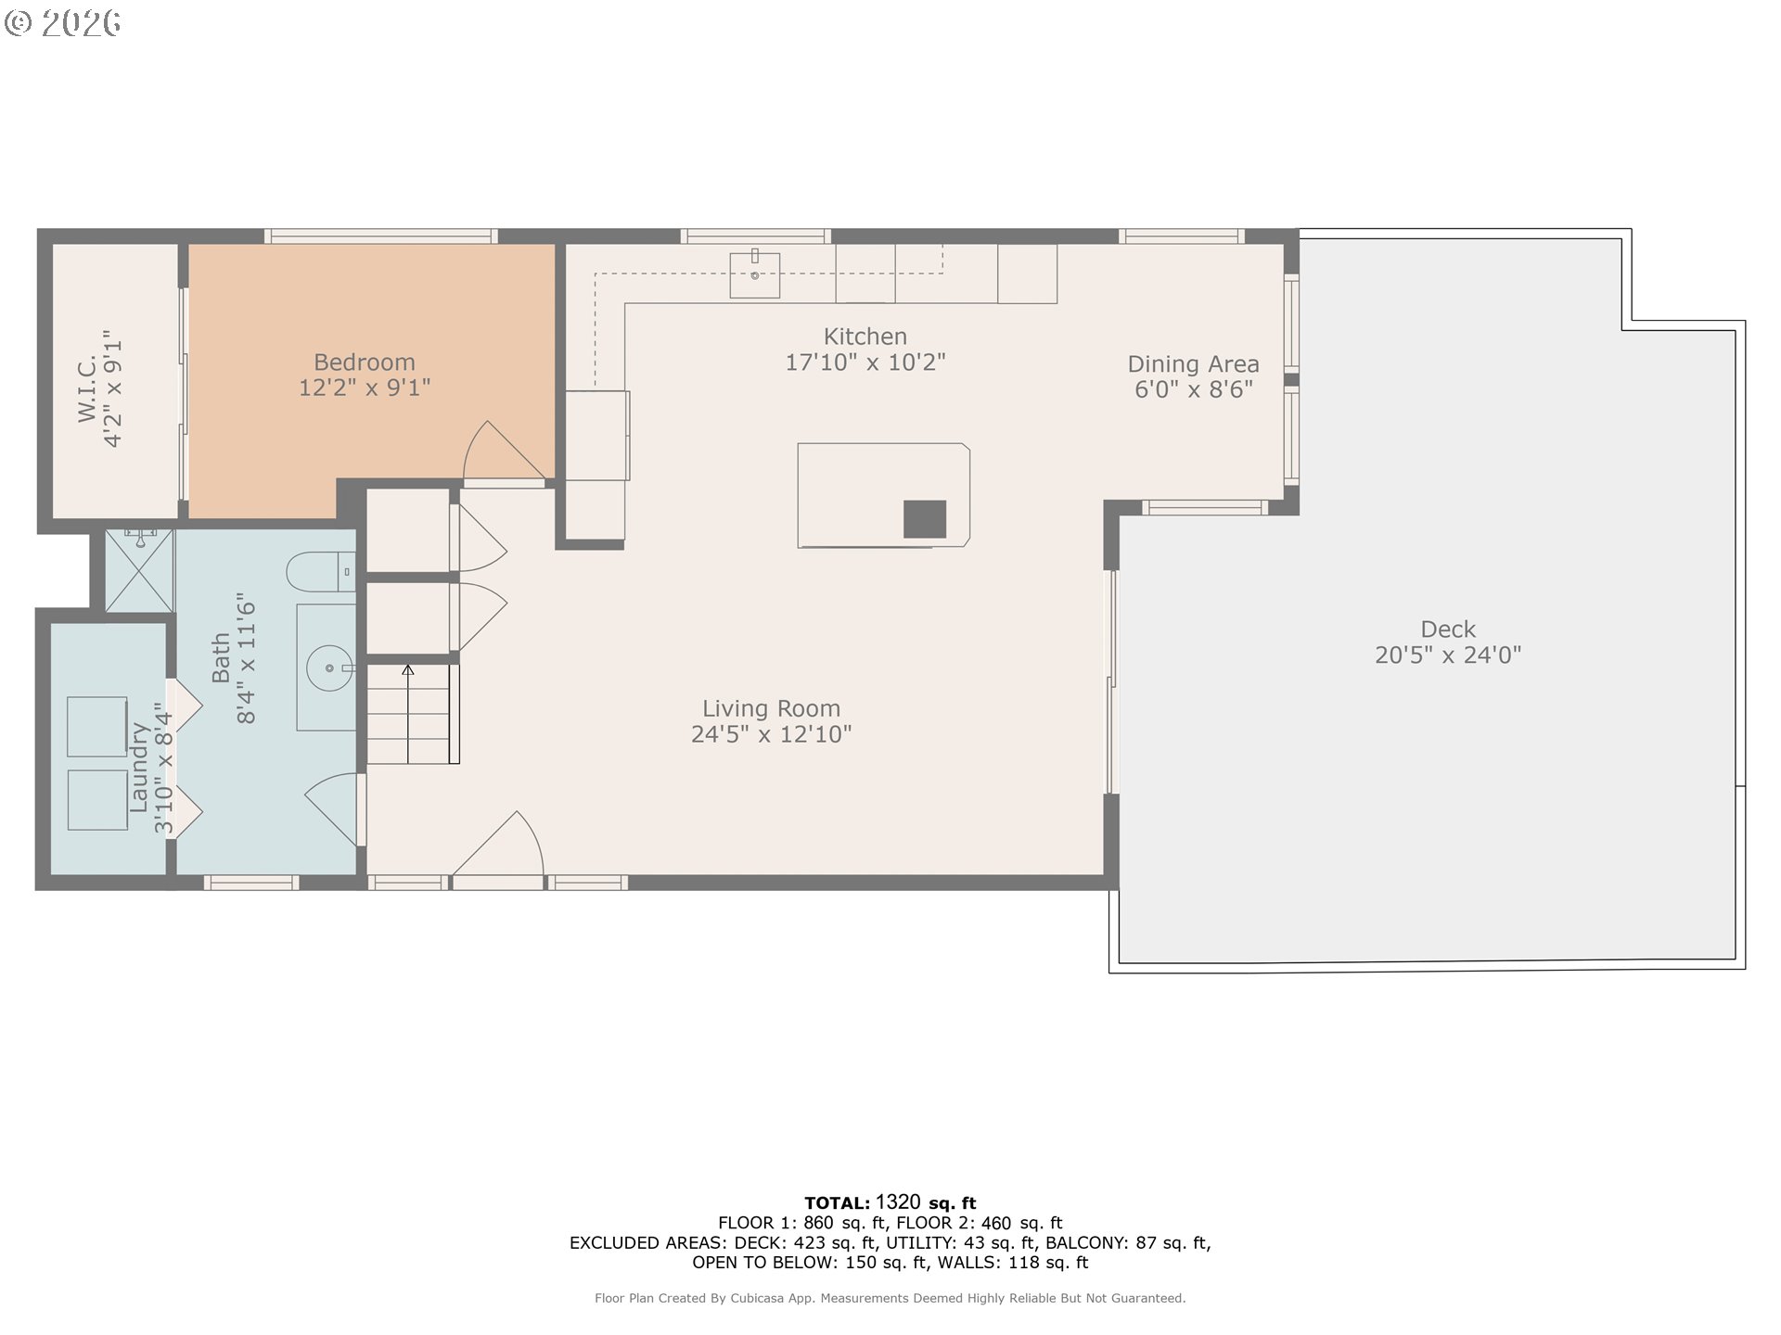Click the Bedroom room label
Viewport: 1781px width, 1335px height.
click(365, 362)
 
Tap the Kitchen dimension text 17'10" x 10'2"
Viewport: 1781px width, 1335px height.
click(865, 362)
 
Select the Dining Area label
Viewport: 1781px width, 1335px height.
click(1193, 364)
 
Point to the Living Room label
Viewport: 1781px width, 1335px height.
click(771, 709)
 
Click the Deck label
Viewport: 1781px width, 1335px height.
click(1448, 629)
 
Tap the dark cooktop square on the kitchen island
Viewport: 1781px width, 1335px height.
click(925, 519)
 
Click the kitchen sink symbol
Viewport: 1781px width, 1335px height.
click(754, 273)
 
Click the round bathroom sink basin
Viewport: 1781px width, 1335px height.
click(330, 667)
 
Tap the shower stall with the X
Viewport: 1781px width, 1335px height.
click(139, 571)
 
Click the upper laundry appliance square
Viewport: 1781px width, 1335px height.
click(97, 727)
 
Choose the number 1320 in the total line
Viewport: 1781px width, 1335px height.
click(898, 1202)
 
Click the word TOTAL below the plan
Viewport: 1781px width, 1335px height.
click(837, 1203)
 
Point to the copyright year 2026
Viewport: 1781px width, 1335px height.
click(81, 23)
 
